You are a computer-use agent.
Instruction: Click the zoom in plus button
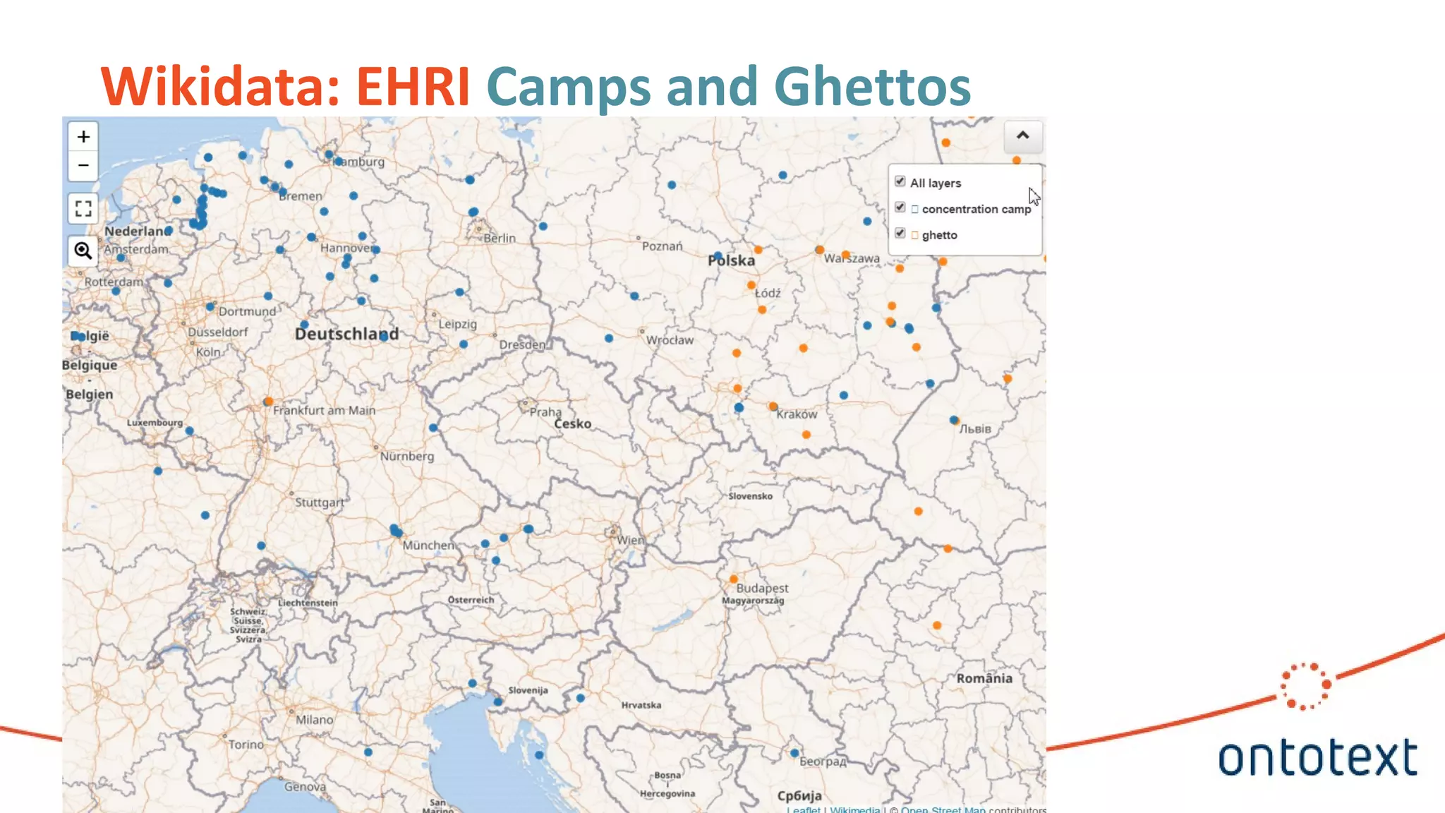tap(83, 136)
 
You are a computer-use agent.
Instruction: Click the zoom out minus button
tap(83, 165)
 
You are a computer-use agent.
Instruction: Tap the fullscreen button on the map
tap(83, 209)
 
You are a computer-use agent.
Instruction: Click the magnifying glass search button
tap(83, 251)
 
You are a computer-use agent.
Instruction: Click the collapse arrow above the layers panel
tap(1022, 136)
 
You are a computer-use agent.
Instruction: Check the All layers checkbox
tap(900, 181)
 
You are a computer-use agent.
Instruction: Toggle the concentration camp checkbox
tap(900, 207)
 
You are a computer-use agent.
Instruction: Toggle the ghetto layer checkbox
tap(900, 234)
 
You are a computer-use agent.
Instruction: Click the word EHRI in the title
tap(413, 86)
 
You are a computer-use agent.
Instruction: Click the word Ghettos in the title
tap(872, 86)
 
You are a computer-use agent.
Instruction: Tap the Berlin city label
tap(500, 239)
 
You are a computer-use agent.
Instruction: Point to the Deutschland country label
tap(346, 334)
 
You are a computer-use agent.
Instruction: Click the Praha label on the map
tap(545, 411)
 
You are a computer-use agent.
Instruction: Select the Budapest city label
tap(762, 588)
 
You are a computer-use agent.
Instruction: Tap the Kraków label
tap(797, 414)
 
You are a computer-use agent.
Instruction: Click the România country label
tap(984, 678)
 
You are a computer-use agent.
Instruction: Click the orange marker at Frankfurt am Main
tap(268, 402)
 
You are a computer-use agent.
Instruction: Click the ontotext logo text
tap(1317, 758)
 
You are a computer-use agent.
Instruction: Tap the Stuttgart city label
tap(320, 502)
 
